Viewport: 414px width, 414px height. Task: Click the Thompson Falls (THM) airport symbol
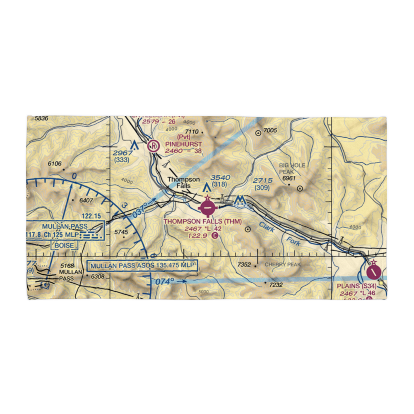207,207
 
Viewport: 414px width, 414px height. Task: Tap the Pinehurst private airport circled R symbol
153,146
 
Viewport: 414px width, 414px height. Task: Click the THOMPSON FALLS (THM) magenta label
202,221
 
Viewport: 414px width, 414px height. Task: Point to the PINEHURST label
183,144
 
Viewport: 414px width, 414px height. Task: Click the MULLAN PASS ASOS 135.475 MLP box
142,265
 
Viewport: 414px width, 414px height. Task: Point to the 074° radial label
165,282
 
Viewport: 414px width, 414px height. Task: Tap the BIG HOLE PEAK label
292,168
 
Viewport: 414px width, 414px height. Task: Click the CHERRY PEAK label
283,265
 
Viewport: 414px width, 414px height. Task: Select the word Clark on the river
267,227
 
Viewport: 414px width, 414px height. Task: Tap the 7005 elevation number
270,131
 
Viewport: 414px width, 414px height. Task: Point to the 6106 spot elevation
54,164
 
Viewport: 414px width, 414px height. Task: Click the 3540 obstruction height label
220,178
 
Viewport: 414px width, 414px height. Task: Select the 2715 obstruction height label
262,181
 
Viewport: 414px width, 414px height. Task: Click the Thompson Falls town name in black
183,183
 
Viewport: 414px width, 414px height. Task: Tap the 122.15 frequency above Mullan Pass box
91,216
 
